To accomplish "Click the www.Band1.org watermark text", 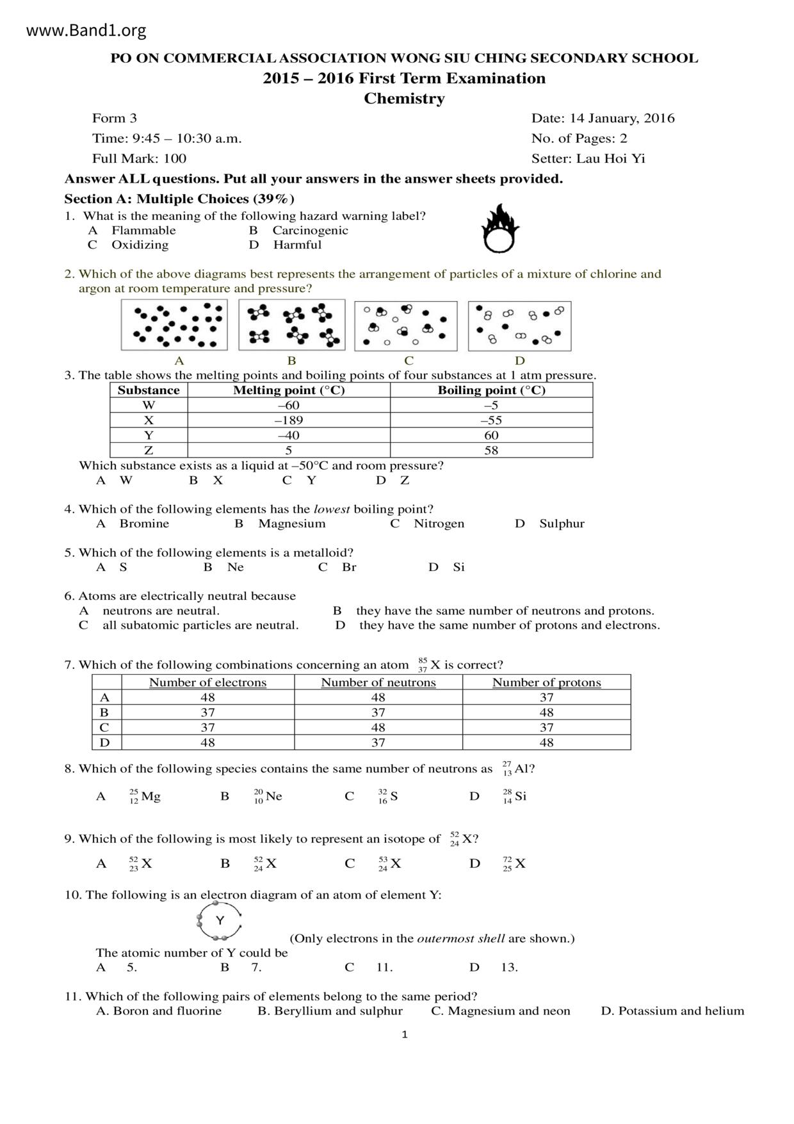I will click(x=86, y=30).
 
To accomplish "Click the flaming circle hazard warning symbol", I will click(x=500, y=229).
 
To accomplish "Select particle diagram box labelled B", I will click(x=291, y=325).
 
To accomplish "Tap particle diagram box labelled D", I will click(x=519, y=326).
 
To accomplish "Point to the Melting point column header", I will click(x=289, y=390).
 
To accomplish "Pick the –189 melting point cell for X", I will click(x=289, y=420).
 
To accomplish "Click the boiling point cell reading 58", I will click(x=491, y=450).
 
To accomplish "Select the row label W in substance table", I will click(x=149, y=405).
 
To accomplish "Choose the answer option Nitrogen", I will click(x=439, y=524).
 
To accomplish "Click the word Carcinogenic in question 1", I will click(x=310, y=231).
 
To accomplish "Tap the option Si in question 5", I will click(x=458, y=567).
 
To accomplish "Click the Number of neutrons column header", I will click(x=378, y=682).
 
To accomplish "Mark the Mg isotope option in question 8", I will click(x=145, y=797).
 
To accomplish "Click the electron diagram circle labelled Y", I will click(x=220, y=921).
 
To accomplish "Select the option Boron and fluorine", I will click(x=167, y=1011).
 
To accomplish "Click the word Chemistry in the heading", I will click(x=404, y=99).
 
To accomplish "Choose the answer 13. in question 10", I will click(x=509, y=968).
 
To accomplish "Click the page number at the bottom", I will click(x=404, y=1034).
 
